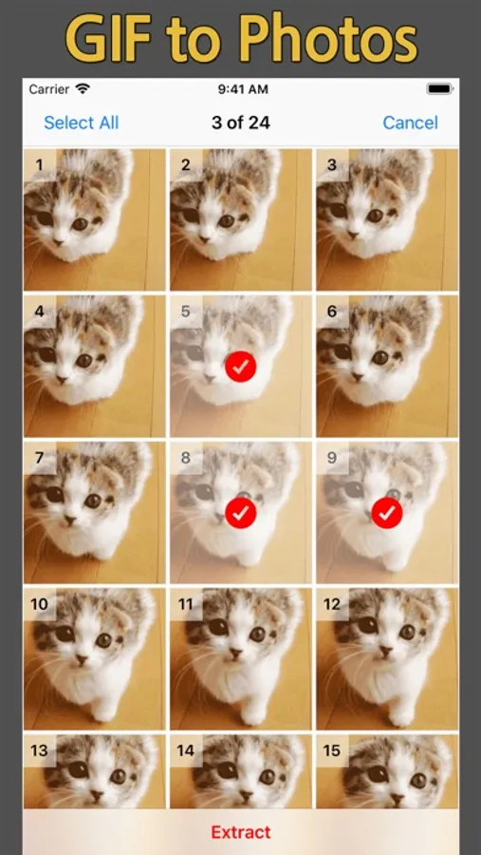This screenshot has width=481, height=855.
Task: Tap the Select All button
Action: click(82, 123)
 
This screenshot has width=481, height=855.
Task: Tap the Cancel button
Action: click(410, 123)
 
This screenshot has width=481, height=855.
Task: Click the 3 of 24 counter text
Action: click(241, 123)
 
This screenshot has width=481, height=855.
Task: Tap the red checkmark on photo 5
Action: click(241, 367)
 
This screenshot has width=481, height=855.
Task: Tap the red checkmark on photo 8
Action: click(241, 513)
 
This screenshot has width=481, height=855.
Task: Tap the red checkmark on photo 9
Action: click(387, 513)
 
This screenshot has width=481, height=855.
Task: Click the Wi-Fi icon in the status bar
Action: click(83, 88)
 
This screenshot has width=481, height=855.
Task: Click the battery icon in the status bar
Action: click(440, 89)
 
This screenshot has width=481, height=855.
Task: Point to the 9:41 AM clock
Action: click(243, 89)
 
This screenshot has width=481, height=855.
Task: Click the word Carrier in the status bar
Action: click(49, 89)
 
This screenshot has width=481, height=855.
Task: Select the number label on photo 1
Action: click(39, 165)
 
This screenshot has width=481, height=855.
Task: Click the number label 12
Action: click(332, 604)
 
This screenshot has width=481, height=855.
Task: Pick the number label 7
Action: click(39, 458)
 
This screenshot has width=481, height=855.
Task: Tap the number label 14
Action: click(185, 750)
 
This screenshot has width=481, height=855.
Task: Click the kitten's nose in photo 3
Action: click(353, 235)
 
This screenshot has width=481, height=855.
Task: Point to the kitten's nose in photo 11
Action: click(235, 652)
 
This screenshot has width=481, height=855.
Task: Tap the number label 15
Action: click(332, 750)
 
